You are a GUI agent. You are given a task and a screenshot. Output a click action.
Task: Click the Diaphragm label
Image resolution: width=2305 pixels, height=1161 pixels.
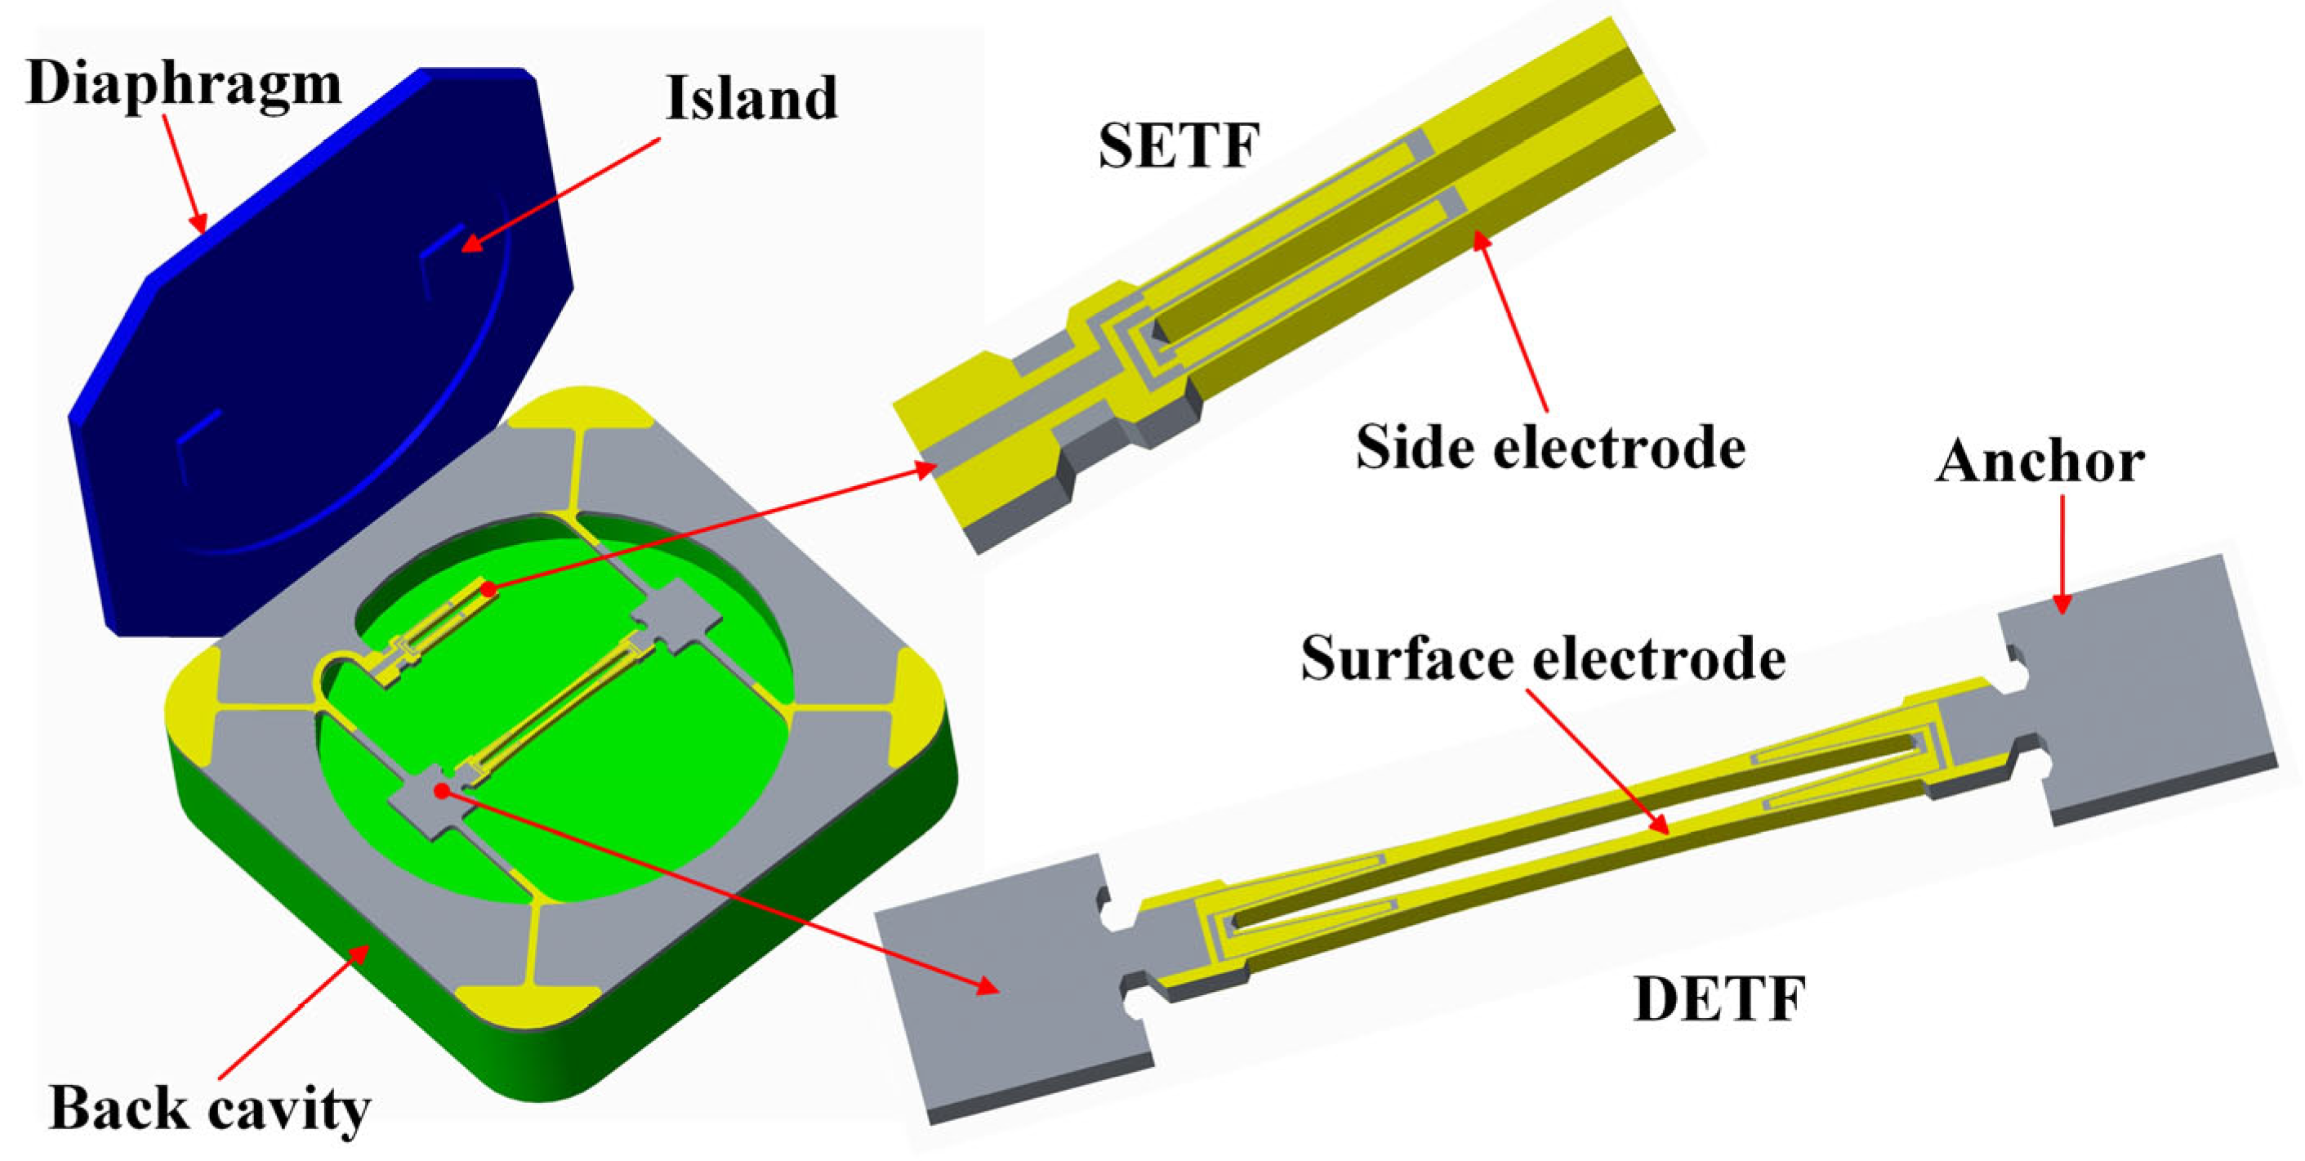point(184,85)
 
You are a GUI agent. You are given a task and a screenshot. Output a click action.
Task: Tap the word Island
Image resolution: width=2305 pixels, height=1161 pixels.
point(751,99)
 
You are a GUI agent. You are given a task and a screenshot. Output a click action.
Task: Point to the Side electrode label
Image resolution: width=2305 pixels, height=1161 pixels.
point(1550,447)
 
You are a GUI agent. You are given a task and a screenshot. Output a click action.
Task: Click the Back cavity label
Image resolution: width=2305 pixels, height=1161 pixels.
point(209,1108)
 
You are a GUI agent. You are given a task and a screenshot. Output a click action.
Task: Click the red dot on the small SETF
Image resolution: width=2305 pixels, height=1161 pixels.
point(488,589)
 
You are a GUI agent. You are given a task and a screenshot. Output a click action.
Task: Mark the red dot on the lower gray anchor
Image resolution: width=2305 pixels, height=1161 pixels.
point(441,789)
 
